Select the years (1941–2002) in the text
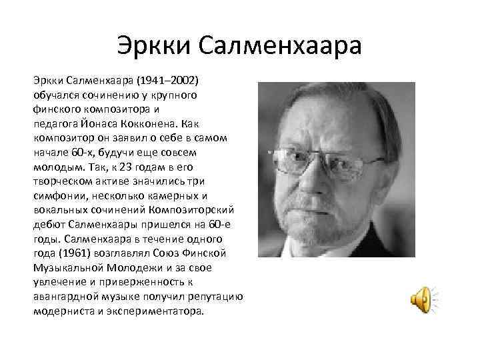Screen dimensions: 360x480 tap(167, 79)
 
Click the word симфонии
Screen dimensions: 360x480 tap(59, 195)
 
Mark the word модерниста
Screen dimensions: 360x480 tap(61, 311)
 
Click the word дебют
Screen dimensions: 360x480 tap(49, 224)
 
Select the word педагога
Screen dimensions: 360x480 tap(57, 122)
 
